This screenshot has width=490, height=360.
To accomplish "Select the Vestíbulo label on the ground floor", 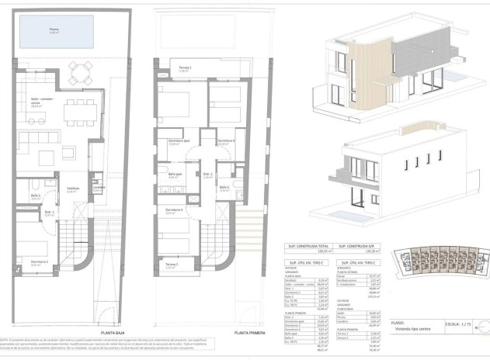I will pos(72,189).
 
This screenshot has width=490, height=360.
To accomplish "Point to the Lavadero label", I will pos(98,188).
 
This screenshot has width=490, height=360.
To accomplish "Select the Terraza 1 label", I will pos(179,70).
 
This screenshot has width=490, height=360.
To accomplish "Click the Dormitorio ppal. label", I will pos(179,141).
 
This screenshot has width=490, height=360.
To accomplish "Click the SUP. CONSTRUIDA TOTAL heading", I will pos(307,245).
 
